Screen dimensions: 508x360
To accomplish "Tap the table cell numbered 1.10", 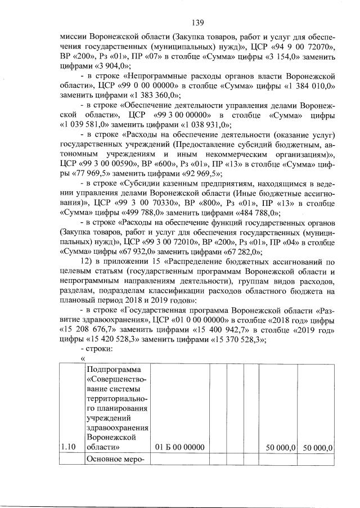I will coord(71,447).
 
